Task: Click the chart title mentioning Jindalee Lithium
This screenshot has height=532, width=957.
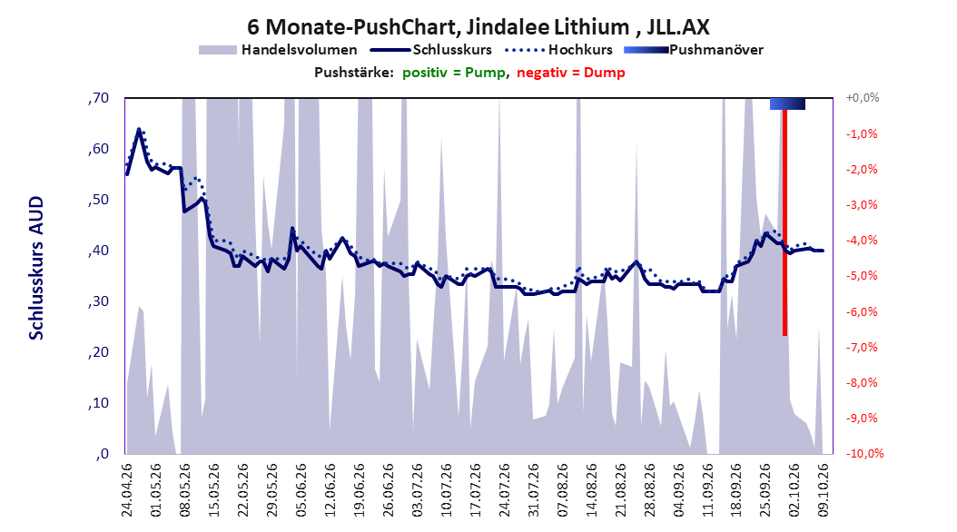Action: click(x=478, y=27)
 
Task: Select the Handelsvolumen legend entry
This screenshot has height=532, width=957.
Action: click(x=278, y=50)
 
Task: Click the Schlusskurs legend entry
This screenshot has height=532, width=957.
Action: click(x=431, y=50)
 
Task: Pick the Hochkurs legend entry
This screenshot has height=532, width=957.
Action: click(x=558, y=50)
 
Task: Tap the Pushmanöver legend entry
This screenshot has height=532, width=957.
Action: click(x=694, y=50)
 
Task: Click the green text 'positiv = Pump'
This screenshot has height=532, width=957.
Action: click(x=454, y=73)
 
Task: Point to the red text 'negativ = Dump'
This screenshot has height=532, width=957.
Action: click(x=571, y=73)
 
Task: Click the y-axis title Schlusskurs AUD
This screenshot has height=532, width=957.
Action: click(x=36, y=268)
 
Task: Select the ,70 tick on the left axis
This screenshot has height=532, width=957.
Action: click(x=98, y=98)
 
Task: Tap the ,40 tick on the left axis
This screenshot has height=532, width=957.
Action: click(x=98, y=251)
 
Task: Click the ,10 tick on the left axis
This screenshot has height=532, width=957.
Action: click(x=98, y=403)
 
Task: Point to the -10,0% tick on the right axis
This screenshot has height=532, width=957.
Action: click(x=864, y=453)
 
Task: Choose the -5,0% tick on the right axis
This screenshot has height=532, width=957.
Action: click(x=862, y=276)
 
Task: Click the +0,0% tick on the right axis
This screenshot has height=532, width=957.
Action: click(x=863, y=98)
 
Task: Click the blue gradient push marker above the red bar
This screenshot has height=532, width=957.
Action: click(x=787, y=103)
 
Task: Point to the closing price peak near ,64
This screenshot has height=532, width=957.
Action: click(x=139, y=129)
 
